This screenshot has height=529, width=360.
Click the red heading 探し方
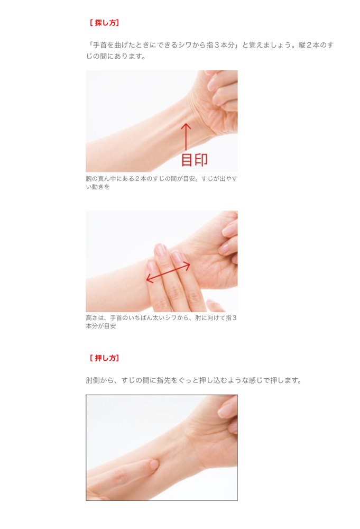(x=105, y=23)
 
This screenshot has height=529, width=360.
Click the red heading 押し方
(x=105, y=358)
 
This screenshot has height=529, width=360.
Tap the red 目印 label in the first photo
(x=195, y=160)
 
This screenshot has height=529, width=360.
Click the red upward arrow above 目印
(x=186, y=137)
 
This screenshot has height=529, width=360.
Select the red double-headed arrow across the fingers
(x=168, y=272)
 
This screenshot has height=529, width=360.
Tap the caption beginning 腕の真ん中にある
(x=161, y=183)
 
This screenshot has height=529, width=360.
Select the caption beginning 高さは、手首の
(x=161, y=322)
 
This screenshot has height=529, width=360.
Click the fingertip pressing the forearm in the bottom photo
(x=153, y=464)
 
